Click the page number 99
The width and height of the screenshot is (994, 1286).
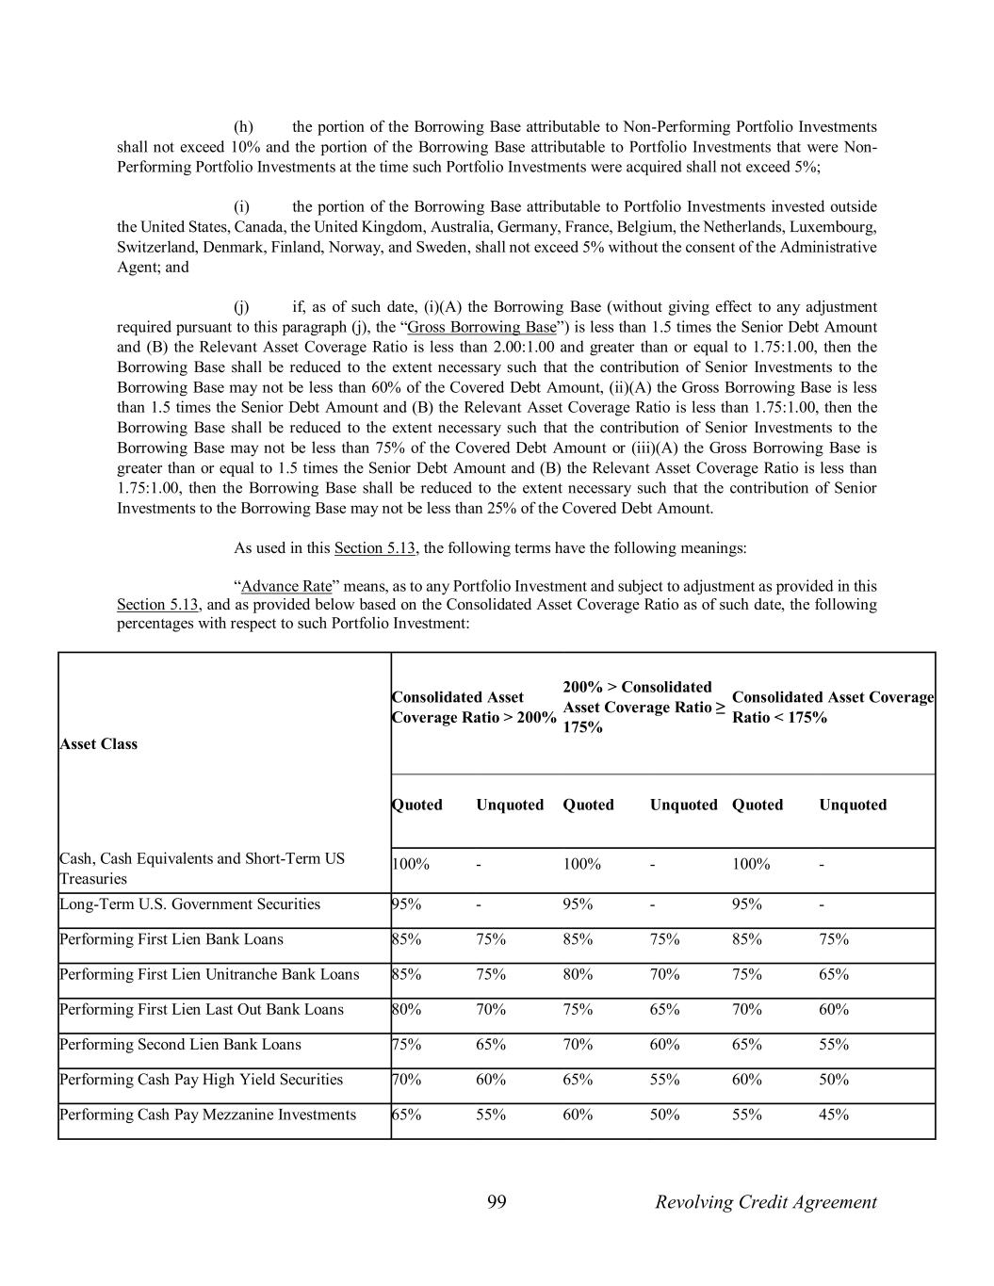point(497,1201)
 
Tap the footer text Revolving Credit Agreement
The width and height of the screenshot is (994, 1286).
point(765,1201)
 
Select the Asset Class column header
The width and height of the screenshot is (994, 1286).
point(98,744)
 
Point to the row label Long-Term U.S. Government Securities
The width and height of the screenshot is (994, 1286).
point(189,904)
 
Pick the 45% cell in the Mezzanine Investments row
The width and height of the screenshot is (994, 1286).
point(834,1115)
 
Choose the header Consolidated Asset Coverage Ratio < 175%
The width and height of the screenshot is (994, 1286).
point(832,708)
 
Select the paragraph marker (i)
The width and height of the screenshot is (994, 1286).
point(242,206)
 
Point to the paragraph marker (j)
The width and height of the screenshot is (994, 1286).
point(241,307)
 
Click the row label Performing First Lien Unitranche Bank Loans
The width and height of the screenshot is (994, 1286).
point(209,974)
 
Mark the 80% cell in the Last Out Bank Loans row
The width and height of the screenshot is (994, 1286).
point(406,1010)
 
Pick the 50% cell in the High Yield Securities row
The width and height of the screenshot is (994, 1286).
point(834,1080)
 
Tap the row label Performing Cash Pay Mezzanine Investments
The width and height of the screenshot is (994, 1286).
point(207,1115)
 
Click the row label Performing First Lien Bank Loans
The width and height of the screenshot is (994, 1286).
point(171,939)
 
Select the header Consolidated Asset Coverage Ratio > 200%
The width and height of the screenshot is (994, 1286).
point(473,708)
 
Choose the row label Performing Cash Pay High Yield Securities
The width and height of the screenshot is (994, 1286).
point(201,1080)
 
